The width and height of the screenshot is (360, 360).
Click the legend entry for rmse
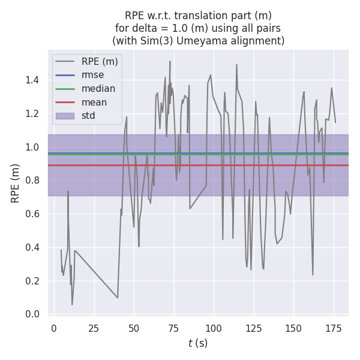92,75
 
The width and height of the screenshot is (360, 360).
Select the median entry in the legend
98,89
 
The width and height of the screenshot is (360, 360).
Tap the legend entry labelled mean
94,103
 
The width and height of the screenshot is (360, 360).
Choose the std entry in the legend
89,116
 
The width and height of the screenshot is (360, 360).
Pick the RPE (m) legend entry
100,61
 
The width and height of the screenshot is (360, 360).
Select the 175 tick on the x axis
334,328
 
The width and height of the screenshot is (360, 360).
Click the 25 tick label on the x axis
94,328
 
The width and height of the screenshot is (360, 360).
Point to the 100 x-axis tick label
214,328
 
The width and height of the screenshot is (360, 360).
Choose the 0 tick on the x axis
54,328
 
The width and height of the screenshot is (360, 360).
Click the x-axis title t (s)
198,343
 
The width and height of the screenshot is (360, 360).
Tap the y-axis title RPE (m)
16,183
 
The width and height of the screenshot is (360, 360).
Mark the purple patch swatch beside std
65,116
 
